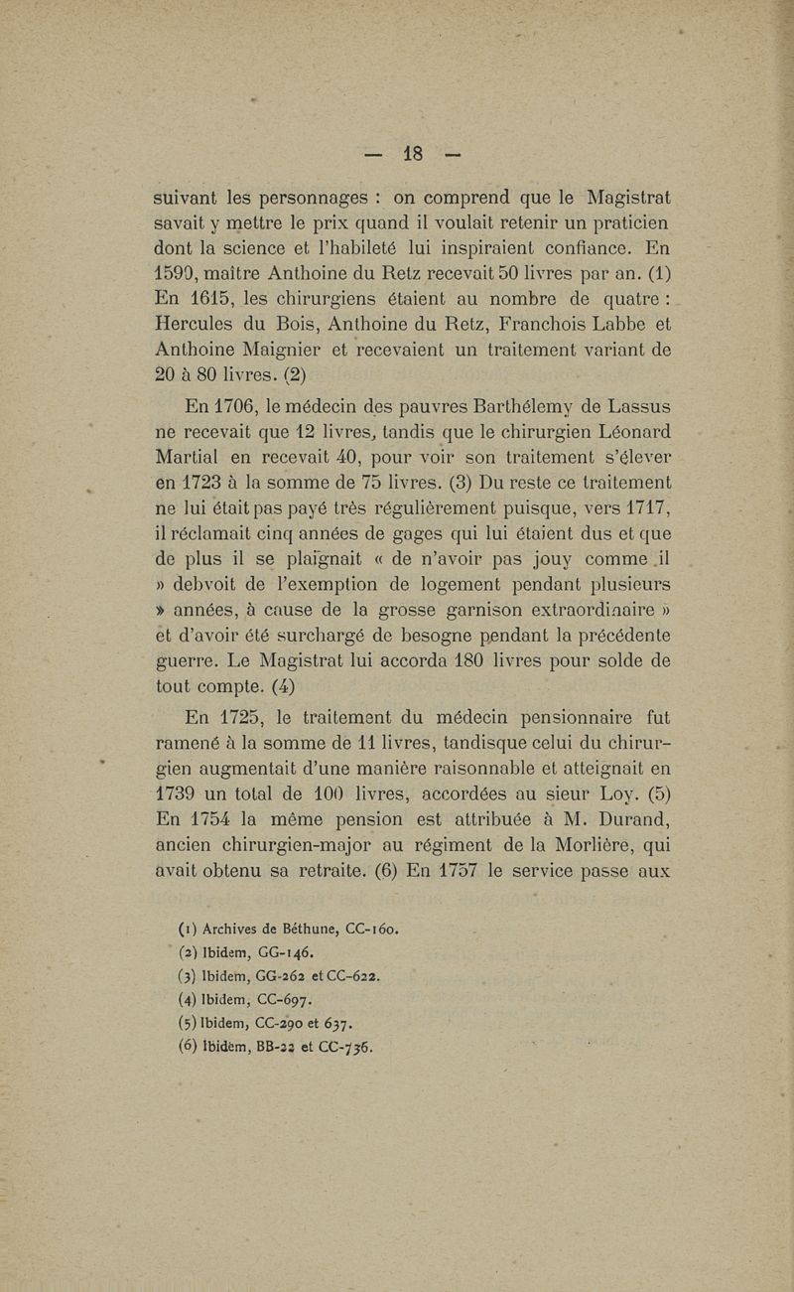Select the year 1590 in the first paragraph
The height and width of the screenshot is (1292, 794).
tap(176, 269)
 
